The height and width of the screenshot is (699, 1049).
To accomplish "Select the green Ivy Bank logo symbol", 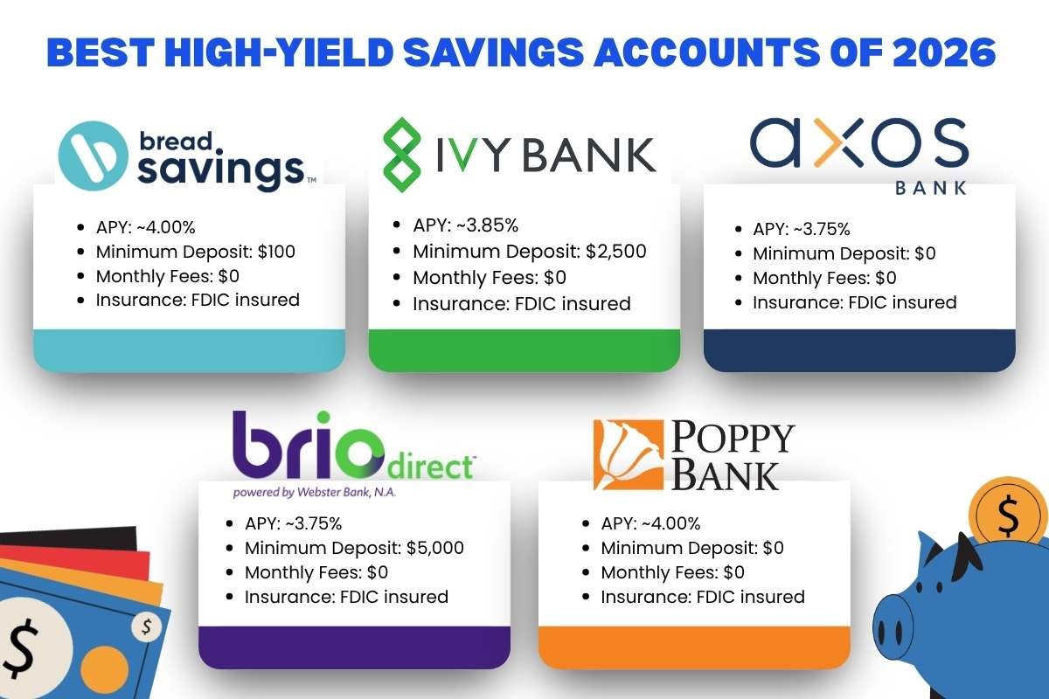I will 403,157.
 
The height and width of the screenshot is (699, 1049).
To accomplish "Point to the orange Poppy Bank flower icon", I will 625,454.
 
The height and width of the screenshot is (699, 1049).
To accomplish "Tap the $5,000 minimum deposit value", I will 435,549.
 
